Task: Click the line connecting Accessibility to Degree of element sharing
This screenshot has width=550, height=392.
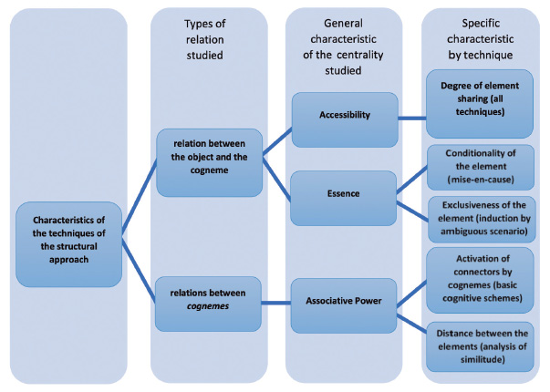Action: [412, 117]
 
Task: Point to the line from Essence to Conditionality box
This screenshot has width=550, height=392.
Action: [412, 180]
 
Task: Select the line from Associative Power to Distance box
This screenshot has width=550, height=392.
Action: [412, 320]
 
